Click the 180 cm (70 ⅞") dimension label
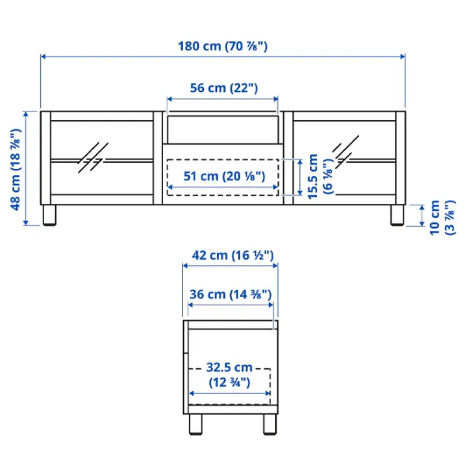[222, 46]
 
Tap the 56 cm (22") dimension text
[224, 88]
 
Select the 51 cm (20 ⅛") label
[224, 176]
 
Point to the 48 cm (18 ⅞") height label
[16, 169]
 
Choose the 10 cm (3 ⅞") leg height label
[442, 218]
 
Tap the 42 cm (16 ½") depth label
[232, 255]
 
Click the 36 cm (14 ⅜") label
[230, 294]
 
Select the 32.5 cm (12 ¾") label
[229, 375]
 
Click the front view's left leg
[50, 215]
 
